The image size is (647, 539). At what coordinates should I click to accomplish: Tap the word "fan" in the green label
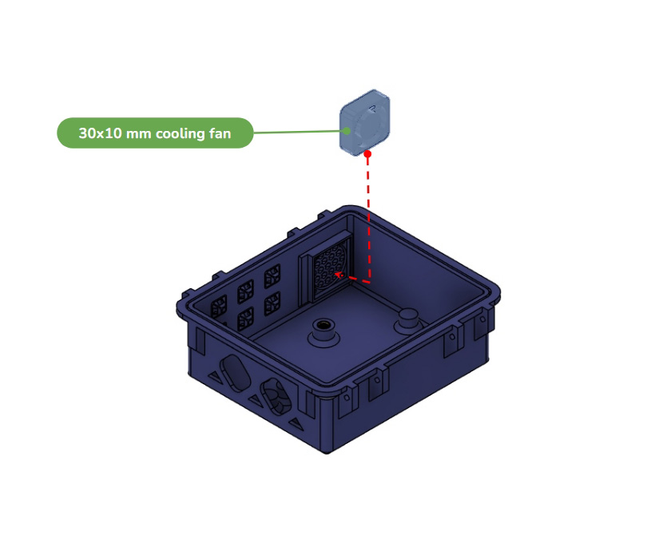pyautogui.click(x=220, y=133)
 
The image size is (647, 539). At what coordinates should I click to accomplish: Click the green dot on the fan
pyautogui.click(x=347, y=131)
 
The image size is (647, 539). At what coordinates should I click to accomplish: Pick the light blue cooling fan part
pyautogui.click(x=365, y=122)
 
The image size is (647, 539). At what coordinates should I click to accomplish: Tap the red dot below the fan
pyautogui.click(x=367, y=154)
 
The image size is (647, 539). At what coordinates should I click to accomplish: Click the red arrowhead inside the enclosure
pyautogui.click(x=339, y=275)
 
